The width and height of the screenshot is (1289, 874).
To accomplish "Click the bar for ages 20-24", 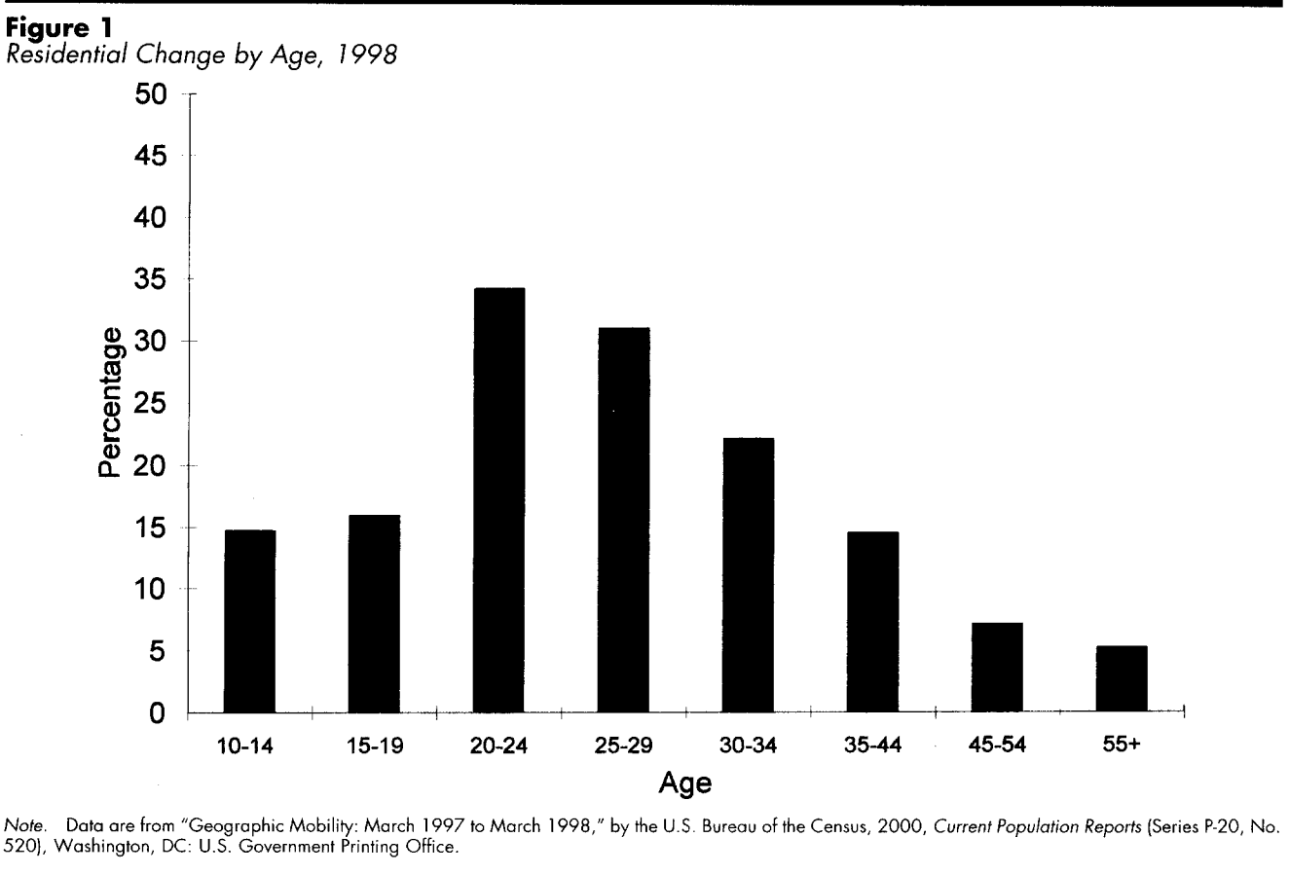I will (498, 500).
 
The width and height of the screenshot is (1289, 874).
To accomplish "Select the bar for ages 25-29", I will (623, 521).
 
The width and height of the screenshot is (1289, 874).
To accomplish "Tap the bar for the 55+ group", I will (1122, 679).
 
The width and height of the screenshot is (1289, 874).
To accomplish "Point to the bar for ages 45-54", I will (997, 668).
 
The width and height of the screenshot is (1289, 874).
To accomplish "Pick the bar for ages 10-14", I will (250, 621).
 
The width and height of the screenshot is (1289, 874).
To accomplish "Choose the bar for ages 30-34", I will (748, 575).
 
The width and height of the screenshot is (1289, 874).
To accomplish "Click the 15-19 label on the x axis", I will (374, 747).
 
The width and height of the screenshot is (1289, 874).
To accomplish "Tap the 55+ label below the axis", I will (1122, 747).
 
